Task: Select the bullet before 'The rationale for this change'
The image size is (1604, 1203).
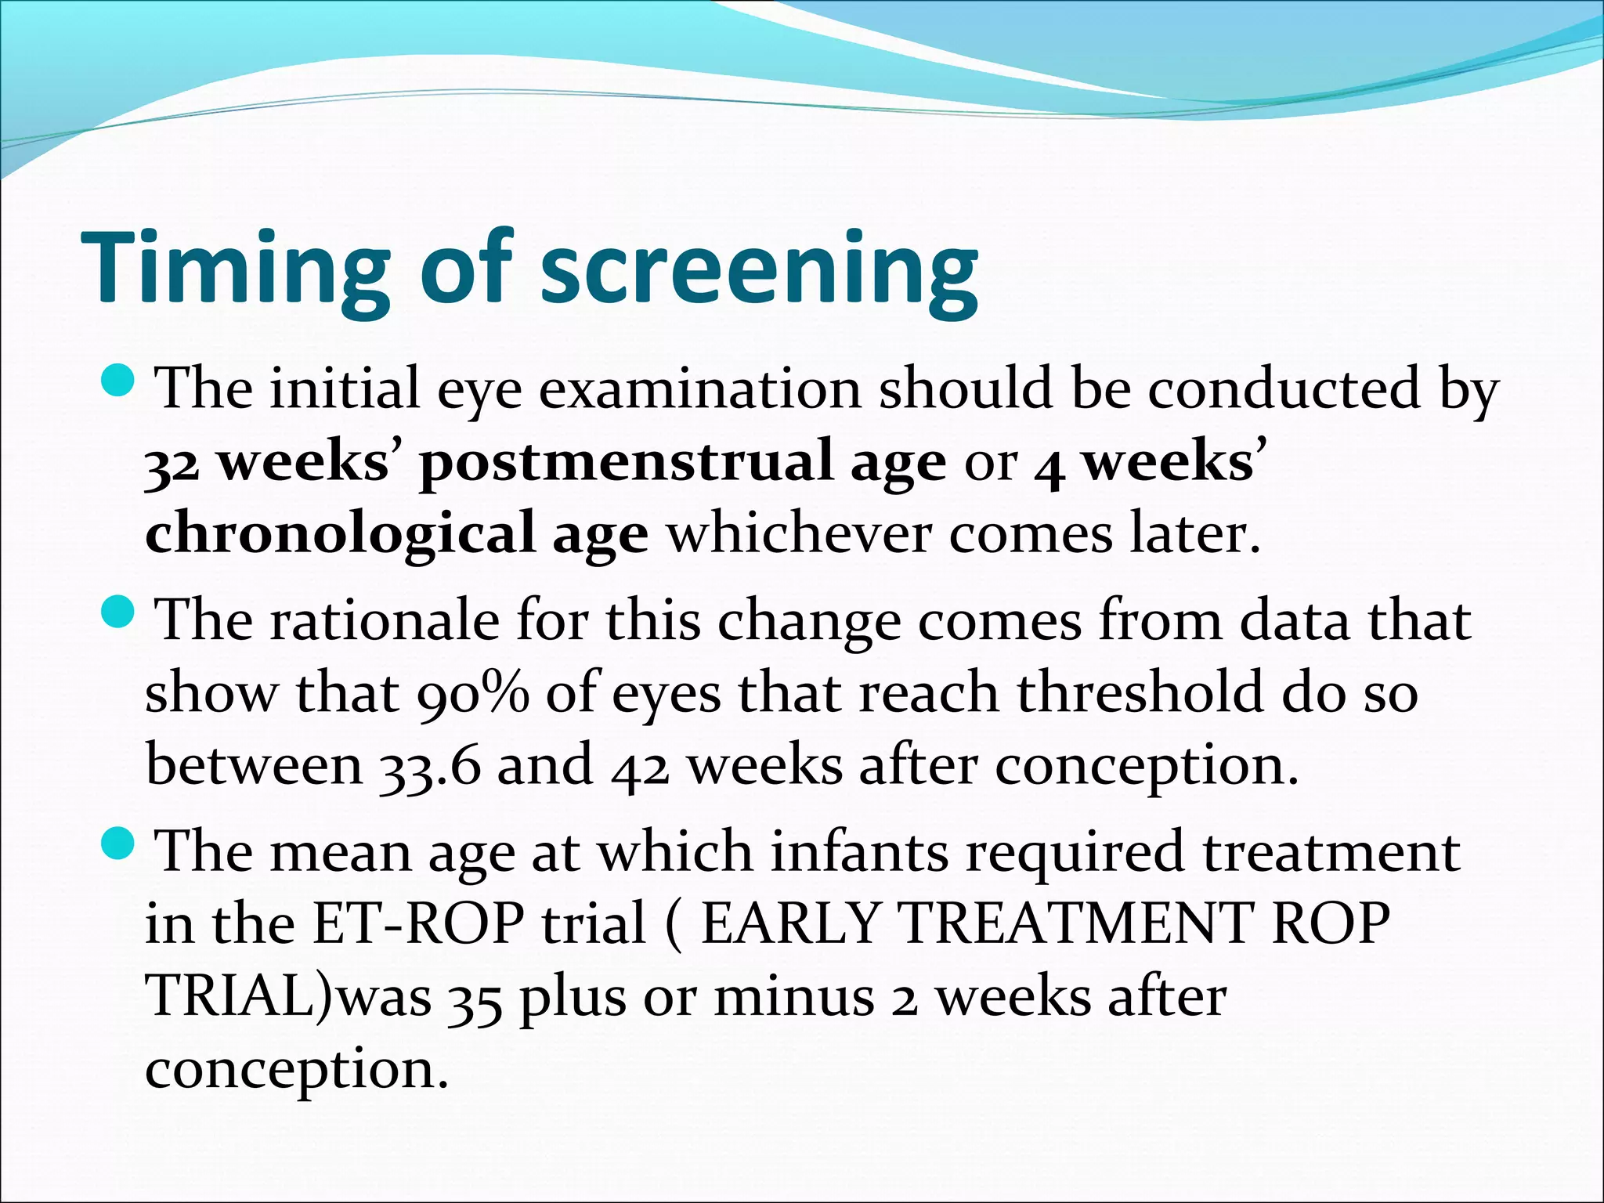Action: pyautogui.click(x=119, y=612)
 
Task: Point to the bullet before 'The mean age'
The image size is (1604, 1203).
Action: pyautogui.click(x=119, y=843)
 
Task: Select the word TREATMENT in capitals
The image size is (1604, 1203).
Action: pyautogui.click(x=1077, y=923)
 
